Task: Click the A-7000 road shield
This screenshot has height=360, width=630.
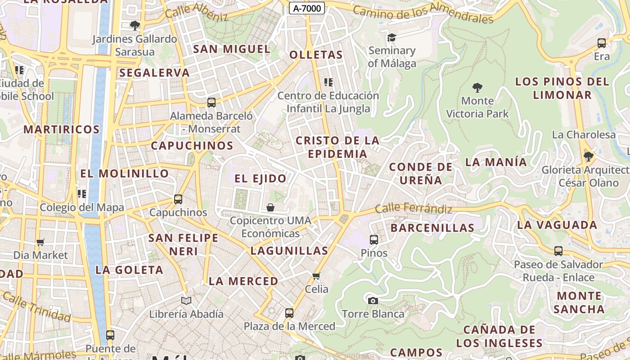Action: pyautogui.click(x=307, y=8)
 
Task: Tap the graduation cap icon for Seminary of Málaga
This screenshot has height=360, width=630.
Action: pyautogui.click(x=391, y=37)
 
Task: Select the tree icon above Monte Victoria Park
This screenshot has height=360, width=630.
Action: pyautogui.click(x=477, y=87)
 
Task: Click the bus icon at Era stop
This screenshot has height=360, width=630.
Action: pyautogui.click(x=601, y=43)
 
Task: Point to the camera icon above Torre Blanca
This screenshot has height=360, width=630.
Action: pyautogui.click(x=373, y=301)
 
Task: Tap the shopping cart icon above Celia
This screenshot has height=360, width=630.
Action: pyautogui.click(x=316, y=276)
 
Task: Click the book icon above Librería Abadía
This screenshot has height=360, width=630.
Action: pyautogui.click(x=186, y=301)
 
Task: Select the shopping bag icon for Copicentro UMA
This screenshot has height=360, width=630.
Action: pyautogui.click(x=270, y=207)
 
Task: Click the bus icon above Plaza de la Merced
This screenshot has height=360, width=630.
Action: pyautogui.click(x=289, y=313)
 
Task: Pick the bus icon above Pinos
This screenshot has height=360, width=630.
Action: pyautogui.click(x=374, y=240)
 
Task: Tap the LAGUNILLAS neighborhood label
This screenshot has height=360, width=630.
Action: pyautogui.click(x=289, y=251)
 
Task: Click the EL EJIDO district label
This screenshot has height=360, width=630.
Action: pyautogui.click(x=261, y=179)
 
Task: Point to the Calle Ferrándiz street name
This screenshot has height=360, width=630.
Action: pyautogui.click(x=413, y=208)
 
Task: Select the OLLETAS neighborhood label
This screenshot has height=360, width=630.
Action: pyautogui.click(x=316, y=55)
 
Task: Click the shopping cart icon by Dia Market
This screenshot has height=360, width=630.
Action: pyautogui.click(x=40, y=243)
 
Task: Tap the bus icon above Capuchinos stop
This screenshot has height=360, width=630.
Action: pyautogui.click(x=178, y=199)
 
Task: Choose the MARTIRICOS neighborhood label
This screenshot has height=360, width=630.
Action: pyautogui.click(x=62, y=130)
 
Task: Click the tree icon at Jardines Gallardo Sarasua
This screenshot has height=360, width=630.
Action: pyautogui.click(x=134, y=26)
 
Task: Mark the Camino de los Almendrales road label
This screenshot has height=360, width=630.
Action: pyautogui.click(x=423, y=12)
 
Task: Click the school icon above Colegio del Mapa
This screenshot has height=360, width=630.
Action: pyautogui.click(x=81, y=194)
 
